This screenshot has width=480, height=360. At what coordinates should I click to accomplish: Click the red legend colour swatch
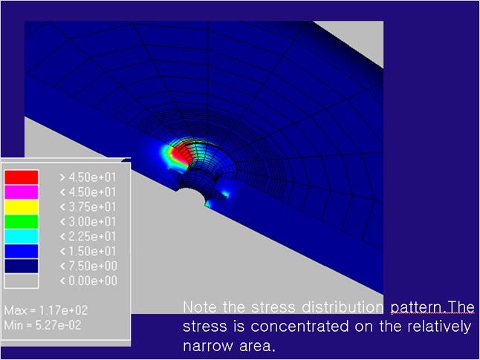[22, 177]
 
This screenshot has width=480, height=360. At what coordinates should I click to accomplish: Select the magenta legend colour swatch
[22, 192]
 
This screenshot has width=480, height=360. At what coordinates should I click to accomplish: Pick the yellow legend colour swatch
[22, 207]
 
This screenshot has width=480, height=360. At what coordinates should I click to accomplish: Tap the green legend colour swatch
[22, 221]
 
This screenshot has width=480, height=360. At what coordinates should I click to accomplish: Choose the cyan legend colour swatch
[22, 237]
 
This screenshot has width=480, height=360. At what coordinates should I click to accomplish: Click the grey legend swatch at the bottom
[22, 281]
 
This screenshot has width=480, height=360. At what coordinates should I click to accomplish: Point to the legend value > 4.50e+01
[88, 177]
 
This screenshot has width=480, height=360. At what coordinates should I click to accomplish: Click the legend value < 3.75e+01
[88, 207]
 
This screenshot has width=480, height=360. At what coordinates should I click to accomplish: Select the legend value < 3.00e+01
[88, 221]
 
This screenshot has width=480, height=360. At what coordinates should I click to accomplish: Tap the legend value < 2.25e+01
[88, 237]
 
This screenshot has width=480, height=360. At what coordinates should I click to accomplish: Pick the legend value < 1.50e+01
[88, 251]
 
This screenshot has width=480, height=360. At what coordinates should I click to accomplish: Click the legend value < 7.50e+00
[88, 266]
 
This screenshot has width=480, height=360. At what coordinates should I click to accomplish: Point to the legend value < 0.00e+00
[88, 281]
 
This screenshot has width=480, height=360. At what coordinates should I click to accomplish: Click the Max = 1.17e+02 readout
[46, 310]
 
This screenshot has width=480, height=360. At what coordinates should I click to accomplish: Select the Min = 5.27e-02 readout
[43, 325]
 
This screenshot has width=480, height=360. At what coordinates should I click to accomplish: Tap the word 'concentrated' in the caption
[299, 327]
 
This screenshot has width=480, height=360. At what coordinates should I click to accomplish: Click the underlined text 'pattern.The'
[432, 307]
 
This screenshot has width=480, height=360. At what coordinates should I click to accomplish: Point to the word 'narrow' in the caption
[208, 346]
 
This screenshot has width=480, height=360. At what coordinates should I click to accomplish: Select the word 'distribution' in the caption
[343, 307]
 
